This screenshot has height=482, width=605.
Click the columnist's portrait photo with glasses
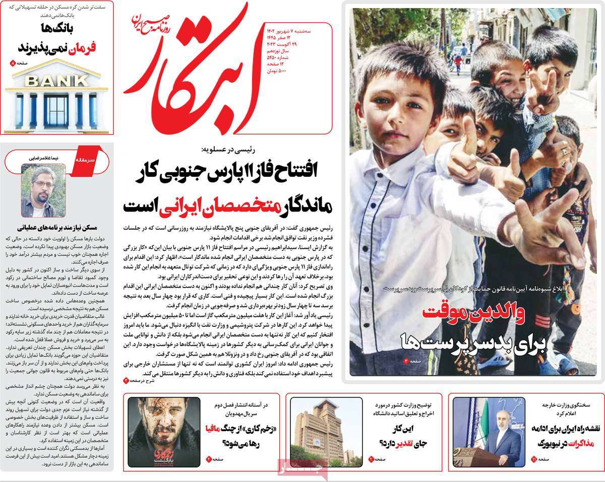click(x=43, y=190)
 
